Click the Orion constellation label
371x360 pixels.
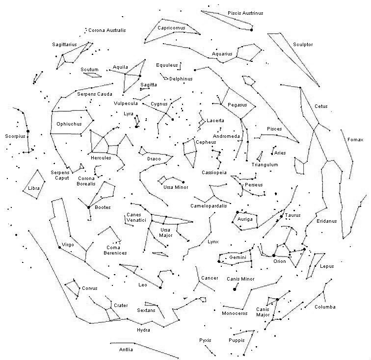click(279, 261)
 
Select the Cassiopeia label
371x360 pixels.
click(214, 173)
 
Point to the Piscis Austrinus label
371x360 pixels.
click(245, 13)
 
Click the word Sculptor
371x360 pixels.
click(303, 45)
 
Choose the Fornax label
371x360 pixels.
click(355, 140)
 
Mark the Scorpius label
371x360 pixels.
click(15, 136)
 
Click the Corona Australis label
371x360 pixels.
click(107, 30)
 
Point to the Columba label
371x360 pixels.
click(325, 307)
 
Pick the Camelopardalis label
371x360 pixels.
click(209, 206)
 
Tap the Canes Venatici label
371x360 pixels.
click(136, 218)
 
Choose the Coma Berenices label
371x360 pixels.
click(116, 250)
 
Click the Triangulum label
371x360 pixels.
click(265, 165)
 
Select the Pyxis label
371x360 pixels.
click(205, 340)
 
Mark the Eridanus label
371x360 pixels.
click(326, 221)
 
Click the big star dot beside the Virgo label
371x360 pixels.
click(59, 248)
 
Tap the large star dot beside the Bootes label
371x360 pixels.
click(89, 207)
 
